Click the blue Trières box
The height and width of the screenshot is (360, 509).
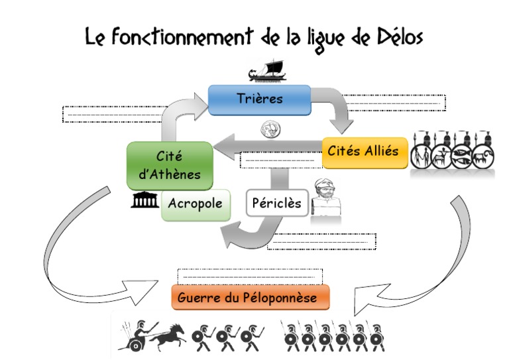tap(259, 99)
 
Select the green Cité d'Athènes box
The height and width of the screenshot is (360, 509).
tap(169, 165)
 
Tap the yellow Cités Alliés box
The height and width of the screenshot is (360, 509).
tap(364, 151)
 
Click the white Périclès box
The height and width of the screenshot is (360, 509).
tap(276, 204)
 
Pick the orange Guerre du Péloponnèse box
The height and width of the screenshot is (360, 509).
tap(251, 298)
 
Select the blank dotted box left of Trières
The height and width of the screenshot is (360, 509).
tap(113, 113)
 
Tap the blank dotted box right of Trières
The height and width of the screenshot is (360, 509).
tap(396, 103)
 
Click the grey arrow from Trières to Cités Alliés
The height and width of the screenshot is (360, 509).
tap(337, 110)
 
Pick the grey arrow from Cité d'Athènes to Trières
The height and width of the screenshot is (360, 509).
tap(176, 115)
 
